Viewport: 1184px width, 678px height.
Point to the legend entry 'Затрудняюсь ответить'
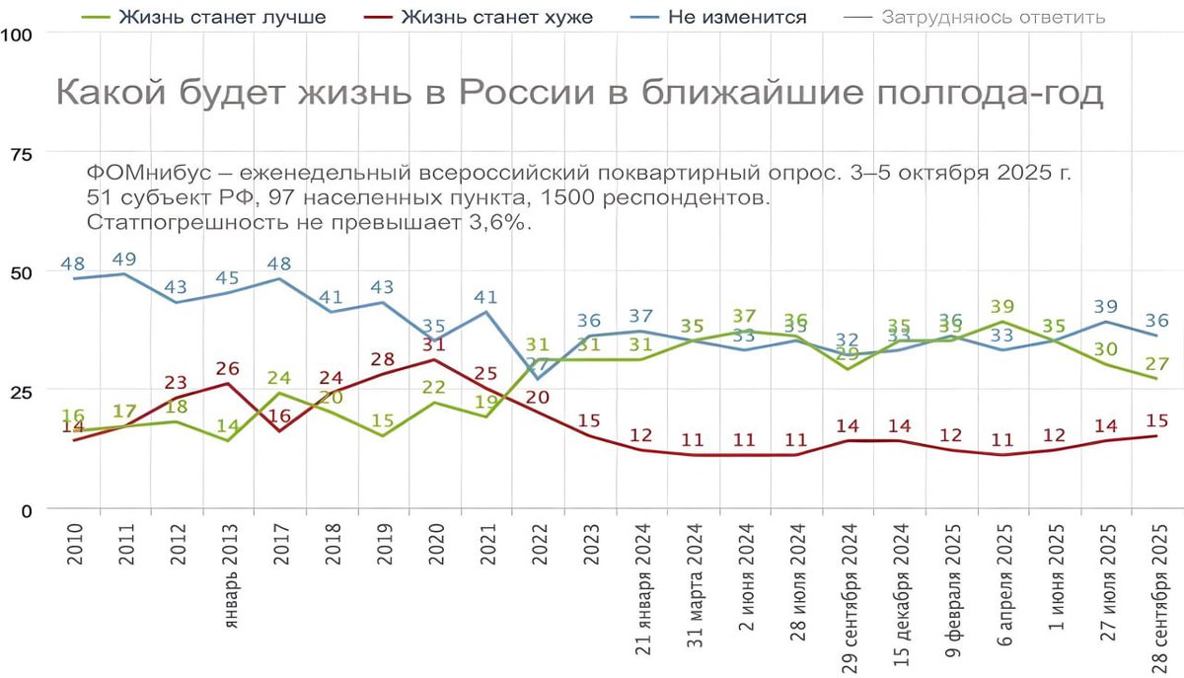click(994, 17)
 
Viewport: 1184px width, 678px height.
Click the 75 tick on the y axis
click(19, 153)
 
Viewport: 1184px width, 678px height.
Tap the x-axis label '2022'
click(539, 544)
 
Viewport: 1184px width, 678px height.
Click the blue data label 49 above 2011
click(123, 259)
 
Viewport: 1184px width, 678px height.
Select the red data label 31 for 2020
click(434, 344)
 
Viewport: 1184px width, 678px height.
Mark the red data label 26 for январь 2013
click(228, 368)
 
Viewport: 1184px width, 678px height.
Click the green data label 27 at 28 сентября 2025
click(1157, 362)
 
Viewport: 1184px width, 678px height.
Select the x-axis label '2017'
click(280, 544)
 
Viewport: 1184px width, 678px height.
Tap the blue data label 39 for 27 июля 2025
click(1106, 306)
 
